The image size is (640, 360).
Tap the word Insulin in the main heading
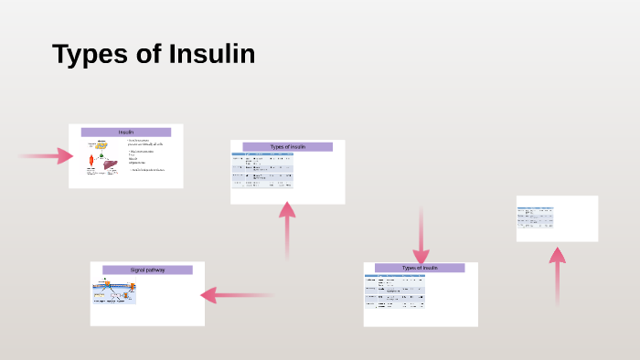click(x=212, y=54)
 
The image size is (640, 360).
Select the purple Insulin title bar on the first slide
click(x=126, y=132)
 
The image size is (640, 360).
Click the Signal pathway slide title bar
click(x=147, y=270)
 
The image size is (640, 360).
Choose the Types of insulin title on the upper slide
click(x=288, y=146)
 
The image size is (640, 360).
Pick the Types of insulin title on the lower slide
click(x=420, y=268)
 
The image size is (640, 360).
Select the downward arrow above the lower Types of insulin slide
click(x=421, y=237)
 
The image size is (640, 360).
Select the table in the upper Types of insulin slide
click(x=262, y=170)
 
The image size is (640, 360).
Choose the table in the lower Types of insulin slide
click(x=394, y=292)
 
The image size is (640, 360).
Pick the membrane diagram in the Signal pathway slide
click(x=114, y=291)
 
